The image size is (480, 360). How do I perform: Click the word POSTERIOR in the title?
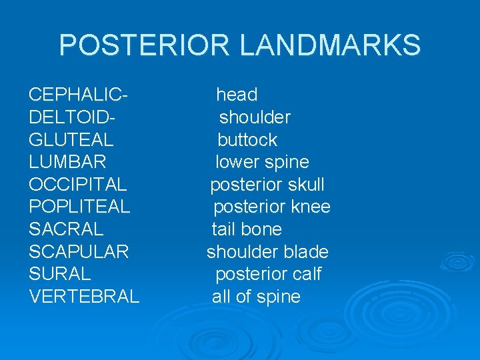coord(144,45)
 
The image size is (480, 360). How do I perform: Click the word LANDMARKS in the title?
coord(329,45)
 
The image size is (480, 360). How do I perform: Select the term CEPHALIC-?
coord(79,95)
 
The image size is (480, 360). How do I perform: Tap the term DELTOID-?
coord(73,117)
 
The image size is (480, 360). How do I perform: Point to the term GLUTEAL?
coord(71,140)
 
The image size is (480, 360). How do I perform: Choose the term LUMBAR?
coord(67,162)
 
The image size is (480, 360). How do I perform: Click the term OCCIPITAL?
coord(77,185)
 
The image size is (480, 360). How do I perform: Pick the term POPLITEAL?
coord(79,207)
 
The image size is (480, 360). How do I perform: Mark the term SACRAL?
coord(66,229)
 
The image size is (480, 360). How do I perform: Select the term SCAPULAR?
coord(79,252)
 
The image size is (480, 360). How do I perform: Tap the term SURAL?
coord(60,274)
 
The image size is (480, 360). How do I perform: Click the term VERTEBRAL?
coord(84,297)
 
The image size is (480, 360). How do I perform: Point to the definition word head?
coord(237,95)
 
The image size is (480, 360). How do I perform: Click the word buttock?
coord(247,140)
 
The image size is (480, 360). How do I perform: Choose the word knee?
coord(311,207)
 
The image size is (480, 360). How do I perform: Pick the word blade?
coord(305,252)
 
